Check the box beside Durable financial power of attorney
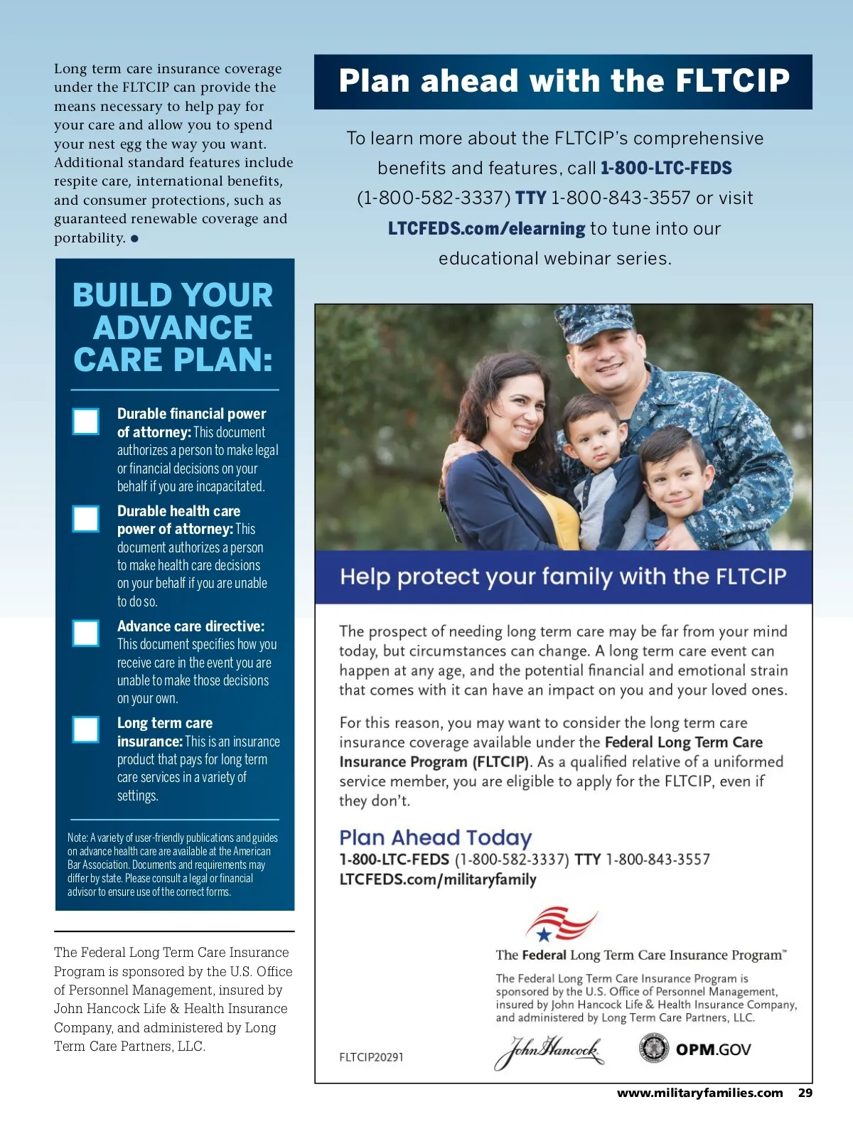[86, 421]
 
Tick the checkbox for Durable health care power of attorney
[86, 518]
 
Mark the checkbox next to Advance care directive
[86, 633]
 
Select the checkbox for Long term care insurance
[86, 729]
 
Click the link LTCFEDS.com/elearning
[486, 228]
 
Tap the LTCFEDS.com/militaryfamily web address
[438, 879]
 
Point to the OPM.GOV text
[713, 1049]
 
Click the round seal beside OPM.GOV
[653, 1049]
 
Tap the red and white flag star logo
[560, 924]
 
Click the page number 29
[805, 1093]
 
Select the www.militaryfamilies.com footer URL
[699, 1093]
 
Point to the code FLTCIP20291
[371, 1057]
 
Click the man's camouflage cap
[597, 321]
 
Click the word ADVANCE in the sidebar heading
[173, 328]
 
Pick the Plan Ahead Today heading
[435, 837]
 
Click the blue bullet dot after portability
[134, 238]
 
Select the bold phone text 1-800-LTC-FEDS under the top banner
[666, 168]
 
